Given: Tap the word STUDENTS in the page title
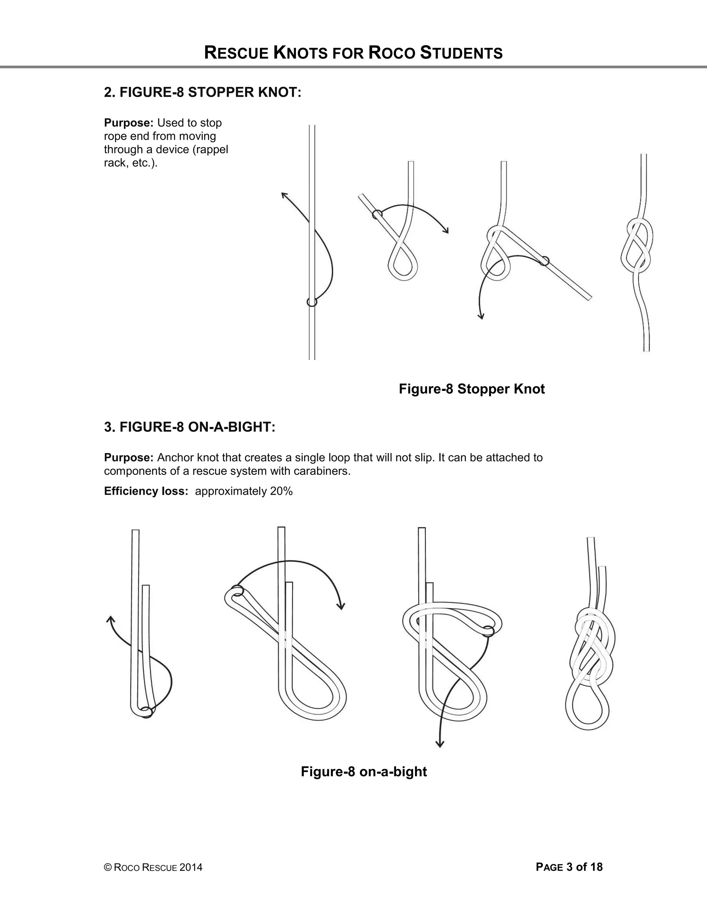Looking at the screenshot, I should click(x=461, y=53).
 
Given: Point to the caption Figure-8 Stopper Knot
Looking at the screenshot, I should click(x=472, y=389).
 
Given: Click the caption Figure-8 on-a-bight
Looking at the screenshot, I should click(x=364, y=771).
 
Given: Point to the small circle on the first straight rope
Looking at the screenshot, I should click(x=312, y=302).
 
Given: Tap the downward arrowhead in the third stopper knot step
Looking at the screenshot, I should click(x=481, y=316).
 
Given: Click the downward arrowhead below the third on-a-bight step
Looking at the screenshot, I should click(x=439, y=744).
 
